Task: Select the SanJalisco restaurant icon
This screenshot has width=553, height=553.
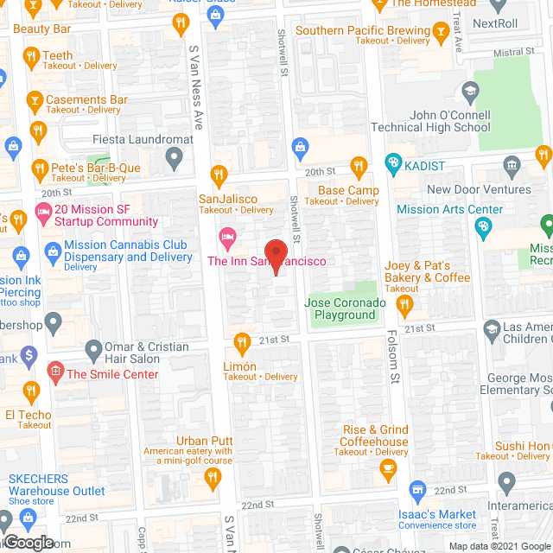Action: (x=219, y=173)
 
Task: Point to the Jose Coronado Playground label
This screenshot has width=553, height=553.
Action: (x=340, y=308)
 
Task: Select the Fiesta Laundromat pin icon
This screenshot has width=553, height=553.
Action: (x=175, y=157)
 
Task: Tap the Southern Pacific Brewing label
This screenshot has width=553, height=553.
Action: (x=362, y=31)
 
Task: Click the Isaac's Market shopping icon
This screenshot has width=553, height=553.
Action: (x=417, y=490)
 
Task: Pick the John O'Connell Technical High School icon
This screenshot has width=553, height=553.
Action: (x=469, y=91)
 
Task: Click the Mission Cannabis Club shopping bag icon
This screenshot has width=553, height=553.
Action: (x=52, y=252)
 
